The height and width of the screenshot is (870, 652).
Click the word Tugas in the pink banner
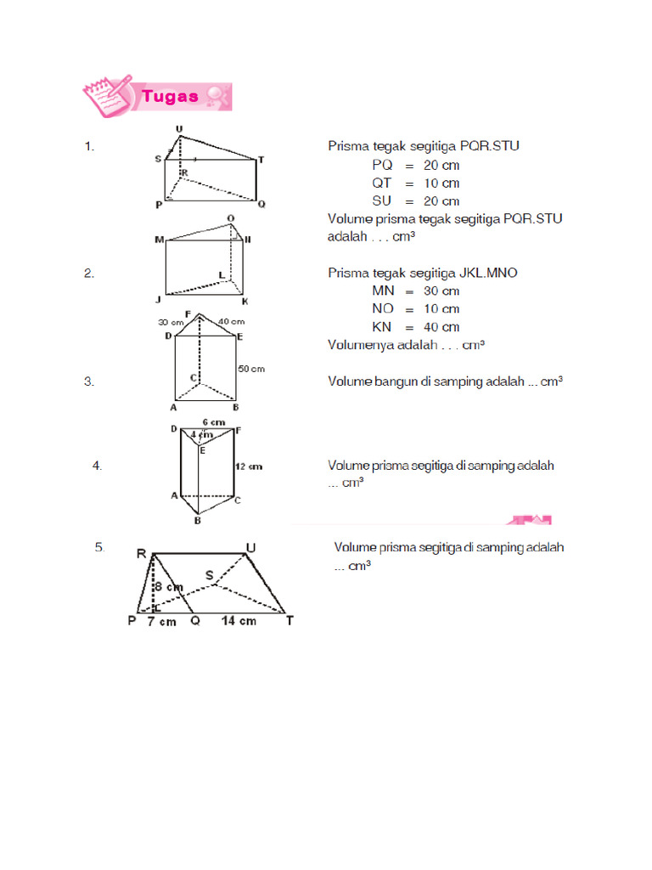tap(170, 96)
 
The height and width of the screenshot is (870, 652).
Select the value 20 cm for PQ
tap(441, 165)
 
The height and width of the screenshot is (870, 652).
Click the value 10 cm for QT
tap(441, 183)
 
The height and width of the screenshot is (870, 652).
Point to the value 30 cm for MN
tap(441, 291)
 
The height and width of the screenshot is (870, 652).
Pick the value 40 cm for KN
tap(441, 327)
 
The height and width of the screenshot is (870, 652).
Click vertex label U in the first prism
tap(178, 128)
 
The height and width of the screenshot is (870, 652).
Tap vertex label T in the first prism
tap(261, 159)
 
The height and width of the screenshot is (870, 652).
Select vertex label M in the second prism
tap(158, 240)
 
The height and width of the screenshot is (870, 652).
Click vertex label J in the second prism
tap(158, 300)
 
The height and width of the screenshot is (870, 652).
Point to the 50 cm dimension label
tap(250, 369)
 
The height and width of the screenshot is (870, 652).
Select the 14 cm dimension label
tap(239, 621)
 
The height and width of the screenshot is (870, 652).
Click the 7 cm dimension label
tap(161, 621)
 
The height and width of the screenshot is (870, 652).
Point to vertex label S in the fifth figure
tap(209, 575)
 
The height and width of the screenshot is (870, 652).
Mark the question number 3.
tap(88, 381)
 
